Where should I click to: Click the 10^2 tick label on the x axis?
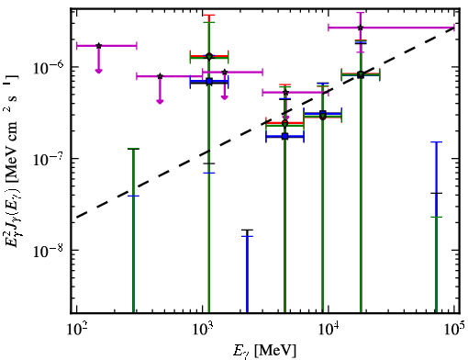[76, 330]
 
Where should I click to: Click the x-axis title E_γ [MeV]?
[264, 351]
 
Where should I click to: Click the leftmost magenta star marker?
[98, 46]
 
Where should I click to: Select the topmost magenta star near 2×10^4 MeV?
[361, 28]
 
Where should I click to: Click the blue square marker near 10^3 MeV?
[209, 82]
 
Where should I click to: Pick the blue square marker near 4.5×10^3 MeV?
[285, 136]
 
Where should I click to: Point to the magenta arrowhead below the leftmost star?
[98, 71]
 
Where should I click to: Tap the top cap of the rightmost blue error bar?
[437, 142]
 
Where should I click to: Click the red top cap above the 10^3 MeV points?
[209, 15]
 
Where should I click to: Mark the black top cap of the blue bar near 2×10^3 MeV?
[247, 230]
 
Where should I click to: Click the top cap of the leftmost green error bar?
[133, 149]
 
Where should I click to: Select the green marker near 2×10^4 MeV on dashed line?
[361, 74]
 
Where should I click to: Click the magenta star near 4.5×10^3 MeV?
[285, 93]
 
